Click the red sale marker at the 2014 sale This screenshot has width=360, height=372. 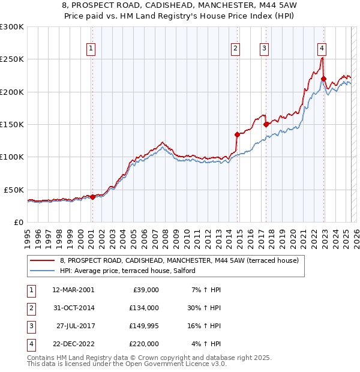(237, 134)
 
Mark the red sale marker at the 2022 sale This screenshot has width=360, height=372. (323, 79)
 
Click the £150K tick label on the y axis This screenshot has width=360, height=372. (12, 124)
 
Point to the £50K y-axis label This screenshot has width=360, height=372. (14, 190)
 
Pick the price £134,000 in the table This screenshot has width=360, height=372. (144, 308)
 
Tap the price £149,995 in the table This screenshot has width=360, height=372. (144, 326)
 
